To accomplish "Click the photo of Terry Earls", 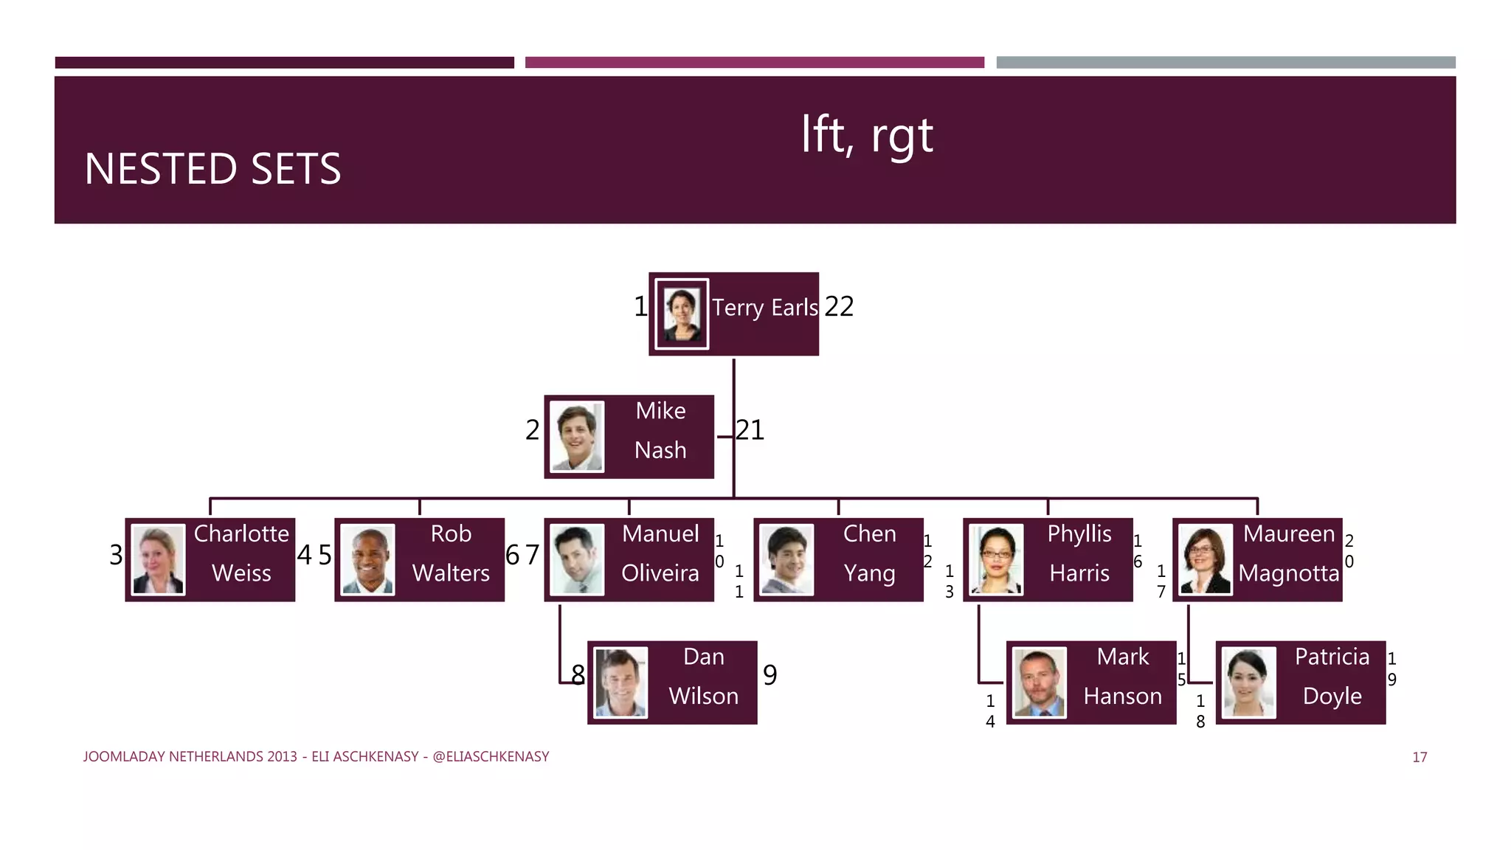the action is point(682,314).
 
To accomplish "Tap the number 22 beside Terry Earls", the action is point(839,307).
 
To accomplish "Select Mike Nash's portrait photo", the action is point(577,437).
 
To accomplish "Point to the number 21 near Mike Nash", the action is point(750,430).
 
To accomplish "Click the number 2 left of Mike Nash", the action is point(532,430).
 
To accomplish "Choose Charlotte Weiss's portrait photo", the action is point(158,559).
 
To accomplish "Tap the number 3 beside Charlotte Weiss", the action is point(116,555).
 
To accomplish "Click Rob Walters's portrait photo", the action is point(367,559).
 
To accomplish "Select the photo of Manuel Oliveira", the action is point(577,559).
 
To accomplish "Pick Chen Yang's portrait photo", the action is point(786,559).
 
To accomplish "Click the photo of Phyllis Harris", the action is point(996,559).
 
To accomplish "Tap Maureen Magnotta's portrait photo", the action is point(1206,559).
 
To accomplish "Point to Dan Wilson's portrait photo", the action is point(620,683).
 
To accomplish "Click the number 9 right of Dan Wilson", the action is point(770,675).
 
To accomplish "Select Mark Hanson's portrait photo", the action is point(1040,683).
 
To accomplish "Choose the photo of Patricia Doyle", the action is point(1248,683).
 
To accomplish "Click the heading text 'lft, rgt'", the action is point(867,135).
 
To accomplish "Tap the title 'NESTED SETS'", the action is point(212,169).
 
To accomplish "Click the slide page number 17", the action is point(1420,757).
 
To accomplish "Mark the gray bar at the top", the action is point(1225,63).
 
